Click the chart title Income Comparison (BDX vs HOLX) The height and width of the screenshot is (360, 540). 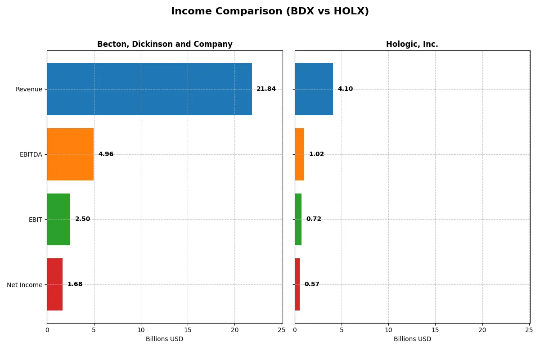pos(270,12)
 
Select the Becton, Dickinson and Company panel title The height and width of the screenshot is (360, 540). pos(165,45)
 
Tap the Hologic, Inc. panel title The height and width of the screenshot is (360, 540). pos(412,45)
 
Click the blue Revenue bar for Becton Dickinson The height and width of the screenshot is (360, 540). pos(149,89)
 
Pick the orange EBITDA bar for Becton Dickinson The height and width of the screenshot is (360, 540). pos(70,154)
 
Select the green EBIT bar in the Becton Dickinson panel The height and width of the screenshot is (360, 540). pos(58,219)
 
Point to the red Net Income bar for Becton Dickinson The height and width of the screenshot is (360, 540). pos(54,284)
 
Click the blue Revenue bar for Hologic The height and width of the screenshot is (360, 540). pos(314,89)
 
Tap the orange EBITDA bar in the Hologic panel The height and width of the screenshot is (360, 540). pos(299,154)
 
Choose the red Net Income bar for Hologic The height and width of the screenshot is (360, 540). pos(297,284)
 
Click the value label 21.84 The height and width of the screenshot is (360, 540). pos(266,89)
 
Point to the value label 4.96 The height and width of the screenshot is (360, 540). pos(106,154)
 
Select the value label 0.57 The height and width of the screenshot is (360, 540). pos(312,284)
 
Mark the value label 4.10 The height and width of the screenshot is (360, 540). pos(345,89)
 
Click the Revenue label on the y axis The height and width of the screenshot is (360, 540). pos(29,89)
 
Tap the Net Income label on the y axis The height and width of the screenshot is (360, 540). pos(24,285)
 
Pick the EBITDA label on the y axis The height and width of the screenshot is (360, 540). pos(31,154)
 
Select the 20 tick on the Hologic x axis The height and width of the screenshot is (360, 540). pos(482,330)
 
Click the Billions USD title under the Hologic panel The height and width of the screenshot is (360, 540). pos(412,339)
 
